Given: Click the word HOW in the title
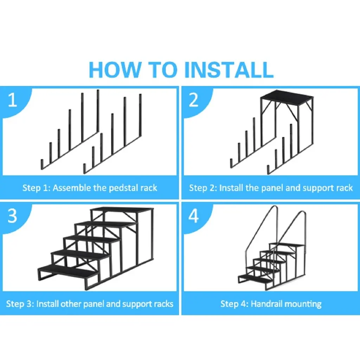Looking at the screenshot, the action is click(x=115, y=70).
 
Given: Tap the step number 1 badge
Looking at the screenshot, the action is click(x=12, y=100).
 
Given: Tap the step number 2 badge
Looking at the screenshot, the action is click(x=194, y=100).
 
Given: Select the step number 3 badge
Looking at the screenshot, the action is click(x=12, y=216).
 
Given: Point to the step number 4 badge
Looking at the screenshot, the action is click(x=194, y=216).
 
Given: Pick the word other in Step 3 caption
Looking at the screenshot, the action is click(x=71, y=304).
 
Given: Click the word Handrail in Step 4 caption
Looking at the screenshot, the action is click(x=266, y=304).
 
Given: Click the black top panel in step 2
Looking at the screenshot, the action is click(x=287, y=96).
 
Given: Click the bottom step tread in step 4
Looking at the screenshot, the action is click(x=255, y=278).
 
